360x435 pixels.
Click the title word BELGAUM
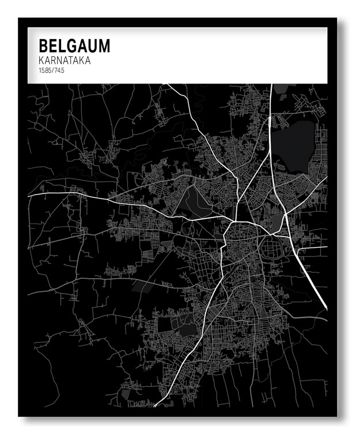tap(74, 46)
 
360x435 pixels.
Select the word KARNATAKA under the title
tap(65, 60)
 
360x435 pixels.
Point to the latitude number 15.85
tap(45, 70)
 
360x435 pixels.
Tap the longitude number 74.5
tap(59, 70)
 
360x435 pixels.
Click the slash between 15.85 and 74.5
tap(53, 70)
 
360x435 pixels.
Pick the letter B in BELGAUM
tap(43, 46)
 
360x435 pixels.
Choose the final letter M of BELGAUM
tap(104, 46)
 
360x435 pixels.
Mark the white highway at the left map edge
tap(30, 196)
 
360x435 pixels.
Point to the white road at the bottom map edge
tap(156, 405)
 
